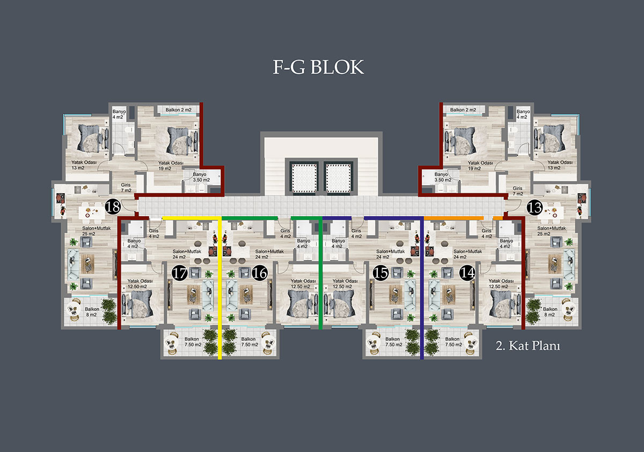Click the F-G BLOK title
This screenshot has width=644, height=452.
pos(318,67)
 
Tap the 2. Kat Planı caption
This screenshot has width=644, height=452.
pos(528,346)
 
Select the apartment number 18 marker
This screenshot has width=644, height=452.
pos(113,207)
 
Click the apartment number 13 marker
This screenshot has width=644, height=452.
pos(535,208)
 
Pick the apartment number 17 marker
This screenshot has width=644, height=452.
pos(180,273)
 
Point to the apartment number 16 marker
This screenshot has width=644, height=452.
pos(260,273)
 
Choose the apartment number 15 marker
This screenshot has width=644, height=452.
pos(380,273)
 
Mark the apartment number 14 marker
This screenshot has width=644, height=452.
pos(467,273)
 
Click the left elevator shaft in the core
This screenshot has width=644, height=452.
pos(304,177)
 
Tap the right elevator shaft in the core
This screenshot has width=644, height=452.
pos(339,177)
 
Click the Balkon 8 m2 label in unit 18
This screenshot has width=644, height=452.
pos(92,312)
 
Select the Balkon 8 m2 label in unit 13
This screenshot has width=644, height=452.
pos(550,312)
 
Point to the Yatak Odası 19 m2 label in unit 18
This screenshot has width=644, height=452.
pos(171,166)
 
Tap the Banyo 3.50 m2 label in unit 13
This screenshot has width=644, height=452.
pos(443,177)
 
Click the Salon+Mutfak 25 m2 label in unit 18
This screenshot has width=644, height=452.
pos(96,231)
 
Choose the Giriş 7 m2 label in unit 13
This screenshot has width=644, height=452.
pos(518,191)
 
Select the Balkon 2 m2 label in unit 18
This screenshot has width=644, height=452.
pos(178,110)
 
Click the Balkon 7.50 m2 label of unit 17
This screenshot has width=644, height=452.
pos(193,342)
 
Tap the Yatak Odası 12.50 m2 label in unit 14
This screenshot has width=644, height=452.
pos(501,284)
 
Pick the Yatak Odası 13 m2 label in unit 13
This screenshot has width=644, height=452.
pos(560,165)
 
